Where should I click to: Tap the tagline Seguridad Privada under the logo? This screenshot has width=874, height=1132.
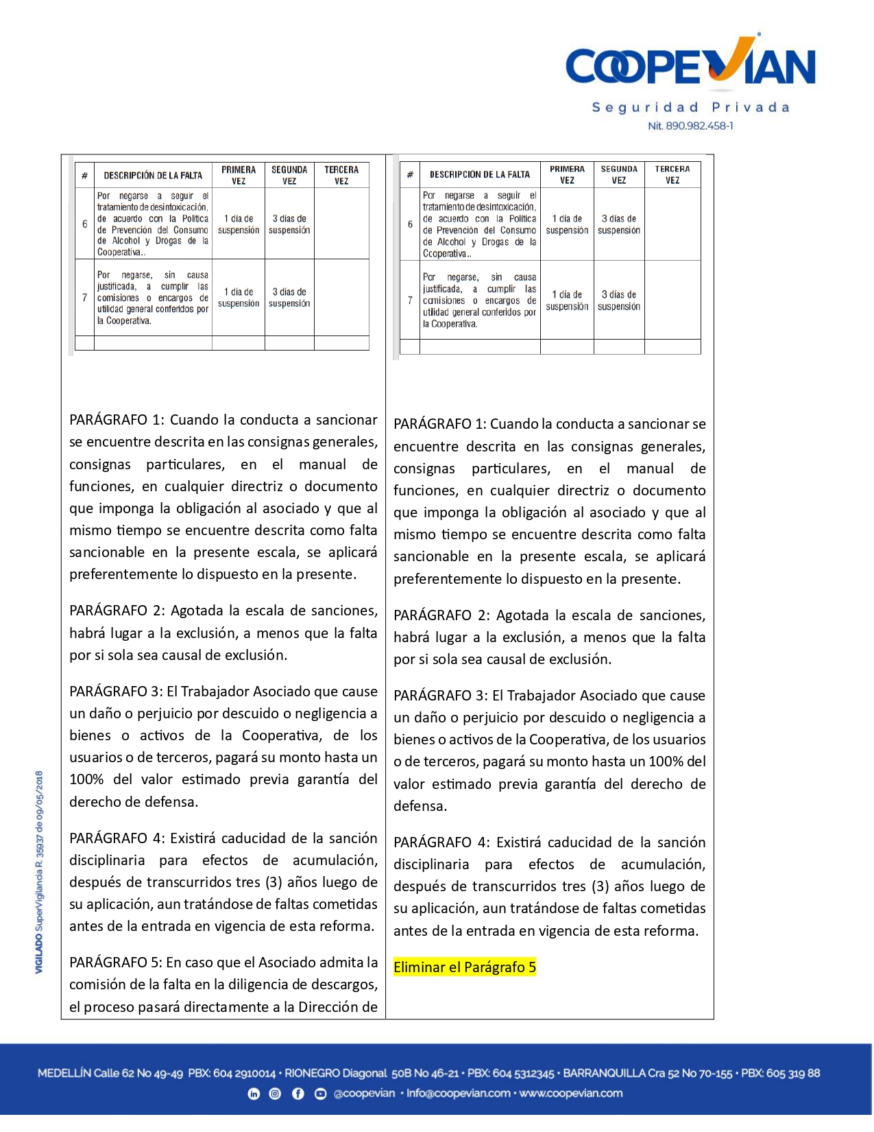pos(690,108)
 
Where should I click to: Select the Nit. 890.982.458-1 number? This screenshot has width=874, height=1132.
pos(690,126)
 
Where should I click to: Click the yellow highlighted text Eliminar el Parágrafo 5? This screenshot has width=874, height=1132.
pos(465,967)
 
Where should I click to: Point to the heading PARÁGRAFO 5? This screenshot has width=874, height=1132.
pos(116,963)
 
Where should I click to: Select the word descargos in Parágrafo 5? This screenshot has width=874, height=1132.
pos(347,984)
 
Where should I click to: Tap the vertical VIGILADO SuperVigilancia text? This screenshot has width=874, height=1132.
pos(39,871)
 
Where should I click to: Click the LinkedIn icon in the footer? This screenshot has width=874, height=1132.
pos(254,1094)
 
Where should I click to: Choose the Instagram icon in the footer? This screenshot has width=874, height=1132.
pos(276,1094)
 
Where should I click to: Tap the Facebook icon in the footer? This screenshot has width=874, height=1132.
pos(298,1094)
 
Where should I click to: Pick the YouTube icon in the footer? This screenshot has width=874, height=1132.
pos(320,1094)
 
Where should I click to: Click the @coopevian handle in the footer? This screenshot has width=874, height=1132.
pos(364,1094)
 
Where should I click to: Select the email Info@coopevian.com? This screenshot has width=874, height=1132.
pos(458,1094)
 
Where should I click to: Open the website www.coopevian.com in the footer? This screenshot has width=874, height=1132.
pos(571,1094)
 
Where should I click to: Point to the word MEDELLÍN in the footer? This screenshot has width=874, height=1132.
pos(64,1074)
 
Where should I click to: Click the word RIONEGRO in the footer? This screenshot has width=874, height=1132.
pos(312,1074)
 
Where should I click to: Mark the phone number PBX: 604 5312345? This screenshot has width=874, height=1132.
pos(511,1074)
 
